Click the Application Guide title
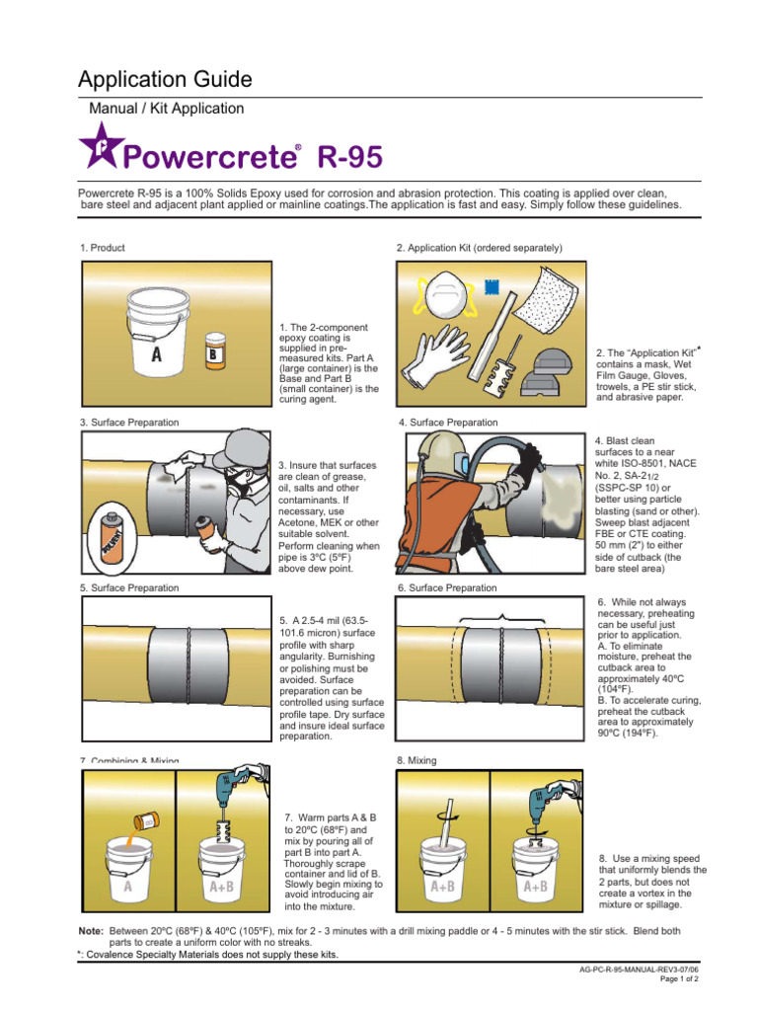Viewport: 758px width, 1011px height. point(165,79)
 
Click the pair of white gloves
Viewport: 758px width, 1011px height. point(441,352)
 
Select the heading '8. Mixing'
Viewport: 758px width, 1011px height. point(417,761)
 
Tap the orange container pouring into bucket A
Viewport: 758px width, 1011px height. point(145,817)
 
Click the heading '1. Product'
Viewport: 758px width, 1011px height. point(103,248)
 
